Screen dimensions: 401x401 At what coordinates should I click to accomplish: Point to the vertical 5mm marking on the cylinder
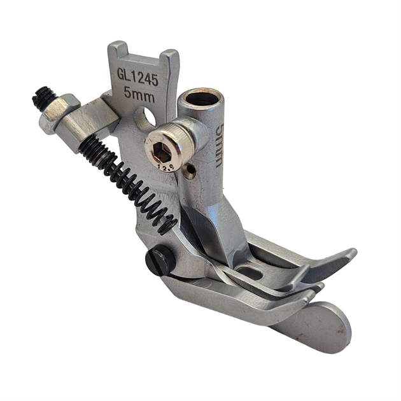(x=220, y=145)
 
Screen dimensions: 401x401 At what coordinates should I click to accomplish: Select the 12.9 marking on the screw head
(x=166, y=167)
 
